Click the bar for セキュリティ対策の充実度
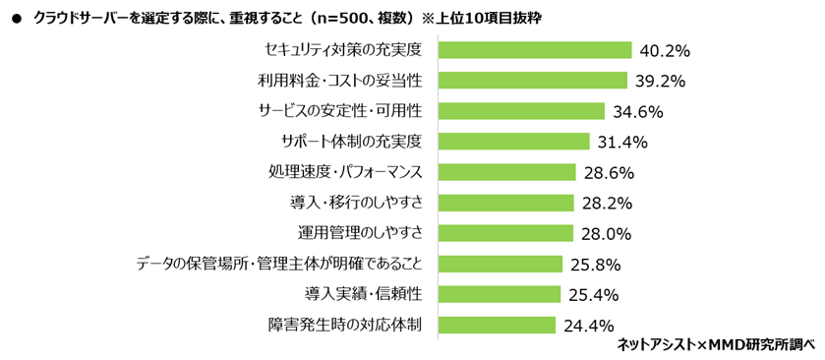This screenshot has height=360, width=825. (x=535, y=50)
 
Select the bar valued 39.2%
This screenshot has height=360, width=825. (x=532, y=81)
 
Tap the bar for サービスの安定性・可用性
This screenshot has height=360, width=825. (x=521, y=111)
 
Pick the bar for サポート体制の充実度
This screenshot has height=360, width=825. (x=513, y=142)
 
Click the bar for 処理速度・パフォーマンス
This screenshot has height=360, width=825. (x=507, y=172)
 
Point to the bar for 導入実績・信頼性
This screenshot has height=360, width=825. (x=500, y=294)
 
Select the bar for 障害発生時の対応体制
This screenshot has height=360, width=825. (x=497, y=325)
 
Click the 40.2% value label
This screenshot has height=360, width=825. (x=665, y=51)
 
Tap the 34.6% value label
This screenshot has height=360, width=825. (x=638, y=112)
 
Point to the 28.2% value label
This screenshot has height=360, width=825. (x=607, y=204)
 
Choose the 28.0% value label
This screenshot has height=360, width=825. (x=606, y=234)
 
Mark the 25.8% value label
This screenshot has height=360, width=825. (x=596, y=265)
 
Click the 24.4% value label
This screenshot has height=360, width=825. (x=589, y=326)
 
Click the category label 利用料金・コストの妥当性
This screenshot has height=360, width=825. (x=340, y=81)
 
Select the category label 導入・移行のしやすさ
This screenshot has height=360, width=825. (x=356, y=203)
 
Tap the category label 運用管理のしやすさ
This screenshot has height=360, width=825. (x=360, y=233)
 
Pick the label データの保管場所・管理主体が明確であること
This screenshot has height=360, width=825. (x=279, y=264)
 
